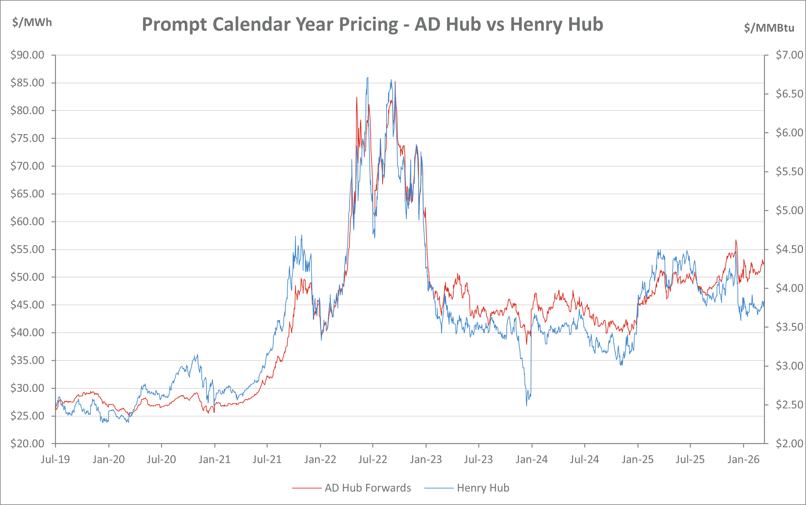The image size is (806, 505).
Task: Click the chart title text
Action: coord(372,25)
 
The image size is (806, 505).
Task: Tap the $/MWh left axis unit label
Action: coord(32,23)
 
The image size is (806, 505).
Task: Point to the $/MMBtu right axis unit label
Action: coord(769,28)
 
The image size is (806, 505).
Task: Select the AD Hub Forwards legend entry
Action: coord(367,488)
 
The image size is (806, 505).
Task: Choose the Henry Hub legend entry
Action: coord(483,488)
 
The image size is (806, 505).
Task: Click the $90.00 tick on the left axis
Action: coord(27,55)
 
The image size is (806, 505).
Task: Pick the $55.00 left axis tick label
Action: coord(27,249)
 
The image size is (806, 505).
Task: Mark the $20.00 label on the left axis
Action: coord(27,443)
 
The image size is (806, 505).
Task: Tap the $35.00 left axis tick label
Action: coord(27,360)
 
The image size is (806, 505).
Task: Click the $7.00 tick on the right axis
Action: coord(789,55)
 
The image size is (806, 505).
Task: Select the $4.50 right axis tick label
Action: coord(789,249)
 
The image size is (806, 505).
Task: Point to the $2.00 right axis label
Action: coord(789,443)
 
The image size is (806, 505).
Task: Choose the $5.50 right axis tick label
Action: coord(789,172)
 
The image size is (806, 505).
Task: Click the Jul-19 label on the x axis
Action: coord(55,460)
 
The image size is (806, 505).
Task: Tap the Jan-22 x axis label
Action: coord(320,460)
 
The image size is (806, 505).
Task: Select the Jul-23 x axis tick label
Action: coord(479,460)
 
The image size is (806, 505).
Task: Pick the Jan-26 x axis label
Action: coord(743,460)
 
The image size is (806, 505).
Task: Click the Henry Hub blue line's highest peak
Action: coord(368,77)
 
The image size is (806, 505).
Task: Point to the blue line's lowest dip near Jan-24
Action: coord(527,405)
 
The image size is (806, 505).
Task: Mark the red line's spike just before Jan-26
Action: coord(736,240)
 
